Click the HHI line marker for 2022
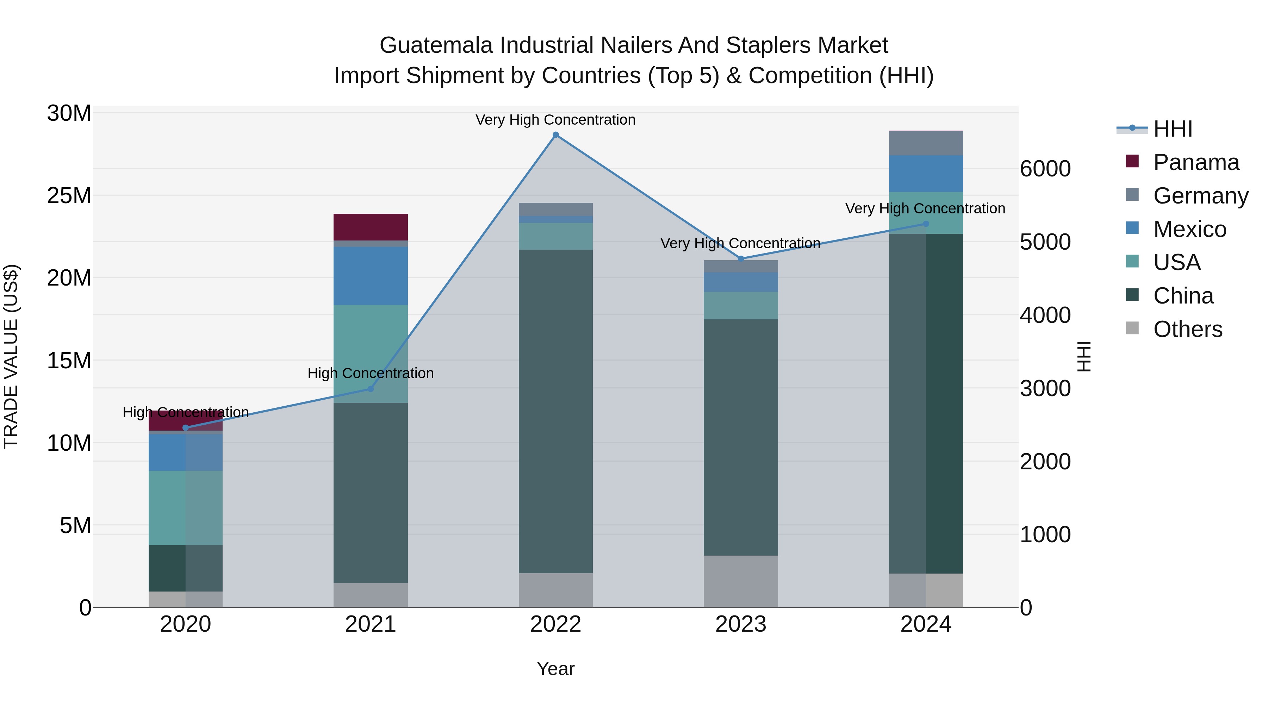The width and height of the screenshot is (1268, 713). [x=556, y=135]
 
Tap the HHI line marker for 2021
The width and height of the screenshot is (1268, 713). [x=371, y=389]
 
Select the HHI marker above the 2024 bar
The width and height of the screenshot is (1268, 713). [x=925, y=224]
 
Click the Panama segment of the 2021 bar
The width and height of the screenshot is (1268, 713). [x=371, y=227]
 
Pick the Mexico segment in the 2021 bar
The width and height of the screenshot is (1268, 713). [x=371, y=276]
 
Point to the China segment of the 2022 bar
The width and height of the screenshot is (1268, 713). [x=556, y=411]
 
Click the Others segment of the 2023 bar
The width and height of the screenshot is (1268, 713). [x=741, y=581]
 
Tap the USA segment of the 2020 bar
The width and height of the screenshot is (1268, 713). [x=186, y=507]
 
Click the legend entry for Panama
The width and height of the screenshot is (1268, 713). [x=1196, y=162]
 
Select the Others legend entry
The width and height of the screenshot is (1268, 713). [x=1187, y=329]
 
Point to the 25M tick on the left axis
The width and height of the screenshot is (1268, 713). [x=69, y=196]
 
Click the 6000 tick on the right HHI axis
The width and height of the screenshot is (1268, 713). [x=1045, y=169]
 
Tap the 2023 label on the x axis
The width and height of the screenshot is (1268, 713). [x=741, y=624]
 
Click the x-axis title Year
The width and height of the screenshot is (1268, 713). [x=556, y=669]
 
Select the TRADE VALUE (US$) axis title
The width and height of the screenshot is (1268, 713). [x=11, y=356]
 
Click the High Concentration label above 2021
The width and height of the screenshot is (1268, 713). [x=371, y=373]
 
